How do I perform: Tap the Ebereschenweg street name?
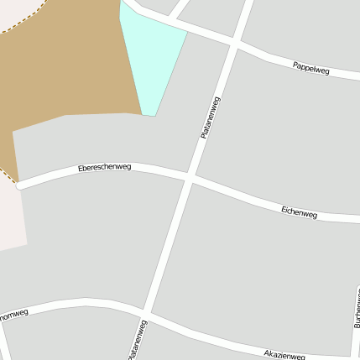pos(105,169)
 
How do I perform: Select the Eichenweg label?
pos(299,212)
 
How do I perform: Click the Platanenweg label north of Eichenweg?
pos(211,117)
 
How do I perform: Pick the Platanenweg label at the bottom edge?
pos(138,341)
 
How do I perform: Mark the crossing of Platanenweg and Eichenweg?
pos(190,178)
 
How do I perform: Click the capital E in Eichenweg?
pos(284,208)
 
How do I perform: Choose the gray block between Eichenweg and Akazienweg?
pos(252,269)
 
